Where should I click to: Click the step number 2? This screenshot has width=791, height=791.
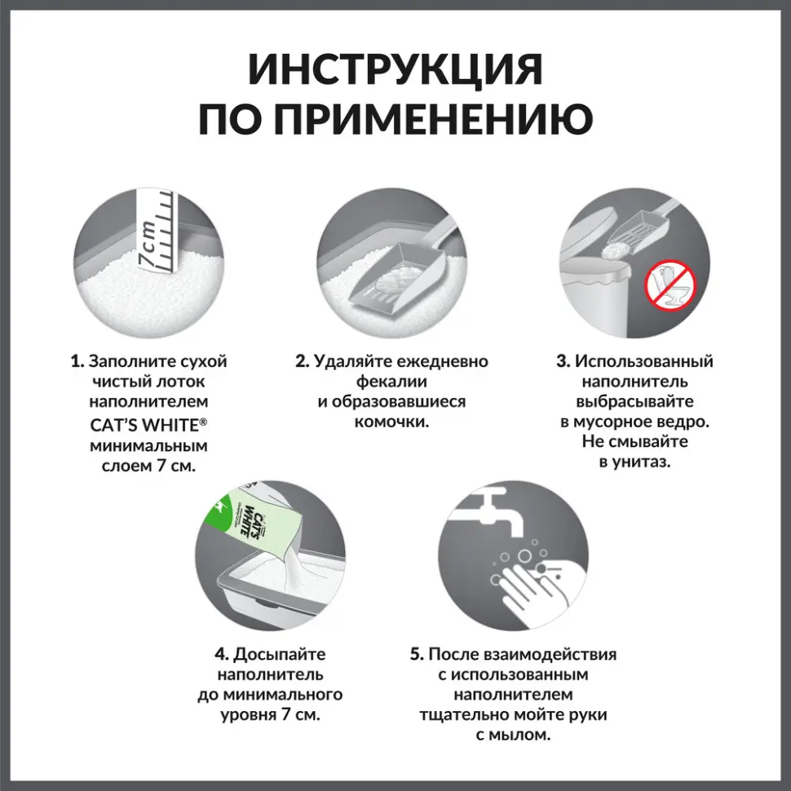302,361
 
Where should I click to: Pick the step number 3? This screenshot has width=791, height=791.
563,361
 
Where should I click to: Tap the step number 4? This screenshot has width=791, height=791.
220,655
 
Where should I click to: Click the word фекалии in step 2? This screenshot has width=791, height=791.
391,382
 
